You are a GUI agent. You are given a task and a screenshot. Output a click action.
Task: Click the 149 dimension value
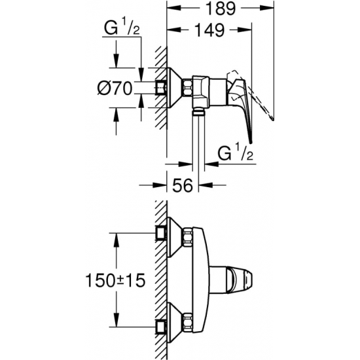[x=207, y=30]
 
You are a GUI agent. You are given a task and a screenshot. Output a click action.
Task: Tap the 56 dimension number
[x=185, y=187]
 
